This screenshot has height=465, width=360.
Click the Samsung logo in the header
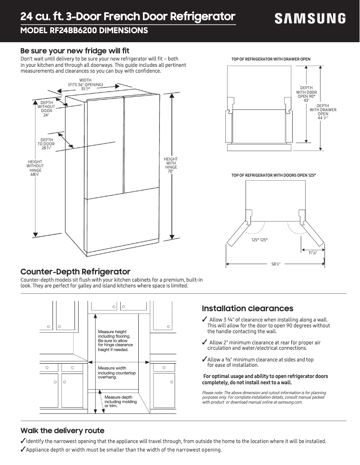coord(310,18)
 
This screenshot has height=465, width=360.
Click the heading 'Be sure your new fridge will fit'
coord(75,51)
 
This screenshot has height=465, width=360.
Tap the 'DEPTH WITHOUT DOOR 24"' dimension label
coord(46,109)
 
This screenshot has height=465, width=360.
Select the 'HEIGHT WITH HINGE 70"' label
coord(171,165)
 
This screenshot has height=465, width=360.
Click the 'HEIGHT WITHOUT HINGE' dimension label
coord(35,168)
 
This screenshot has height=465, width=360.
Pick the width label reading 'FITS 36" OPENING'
coord(85,85)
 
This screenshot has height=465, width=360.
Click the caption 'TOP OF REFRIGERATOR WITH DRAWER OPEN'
coord(271,59)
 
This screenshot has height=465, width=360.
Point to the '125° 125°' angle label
coord(259,240)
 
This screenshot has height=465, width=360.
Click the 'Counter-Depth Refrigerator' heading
coord(75,272)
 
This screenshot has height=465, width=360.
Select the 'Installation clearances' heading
coord(247,309)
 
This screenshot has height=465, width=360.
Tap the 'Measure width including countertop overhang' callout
coord(116,373)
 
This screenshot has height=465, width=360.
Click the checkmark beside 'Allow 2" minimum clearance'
coord(205,343)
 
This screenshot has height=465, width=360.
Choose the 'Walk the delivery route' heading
coord(62,430)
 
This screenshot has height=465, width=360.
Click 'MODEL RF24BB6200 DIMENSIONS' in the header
coord(84,31)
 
